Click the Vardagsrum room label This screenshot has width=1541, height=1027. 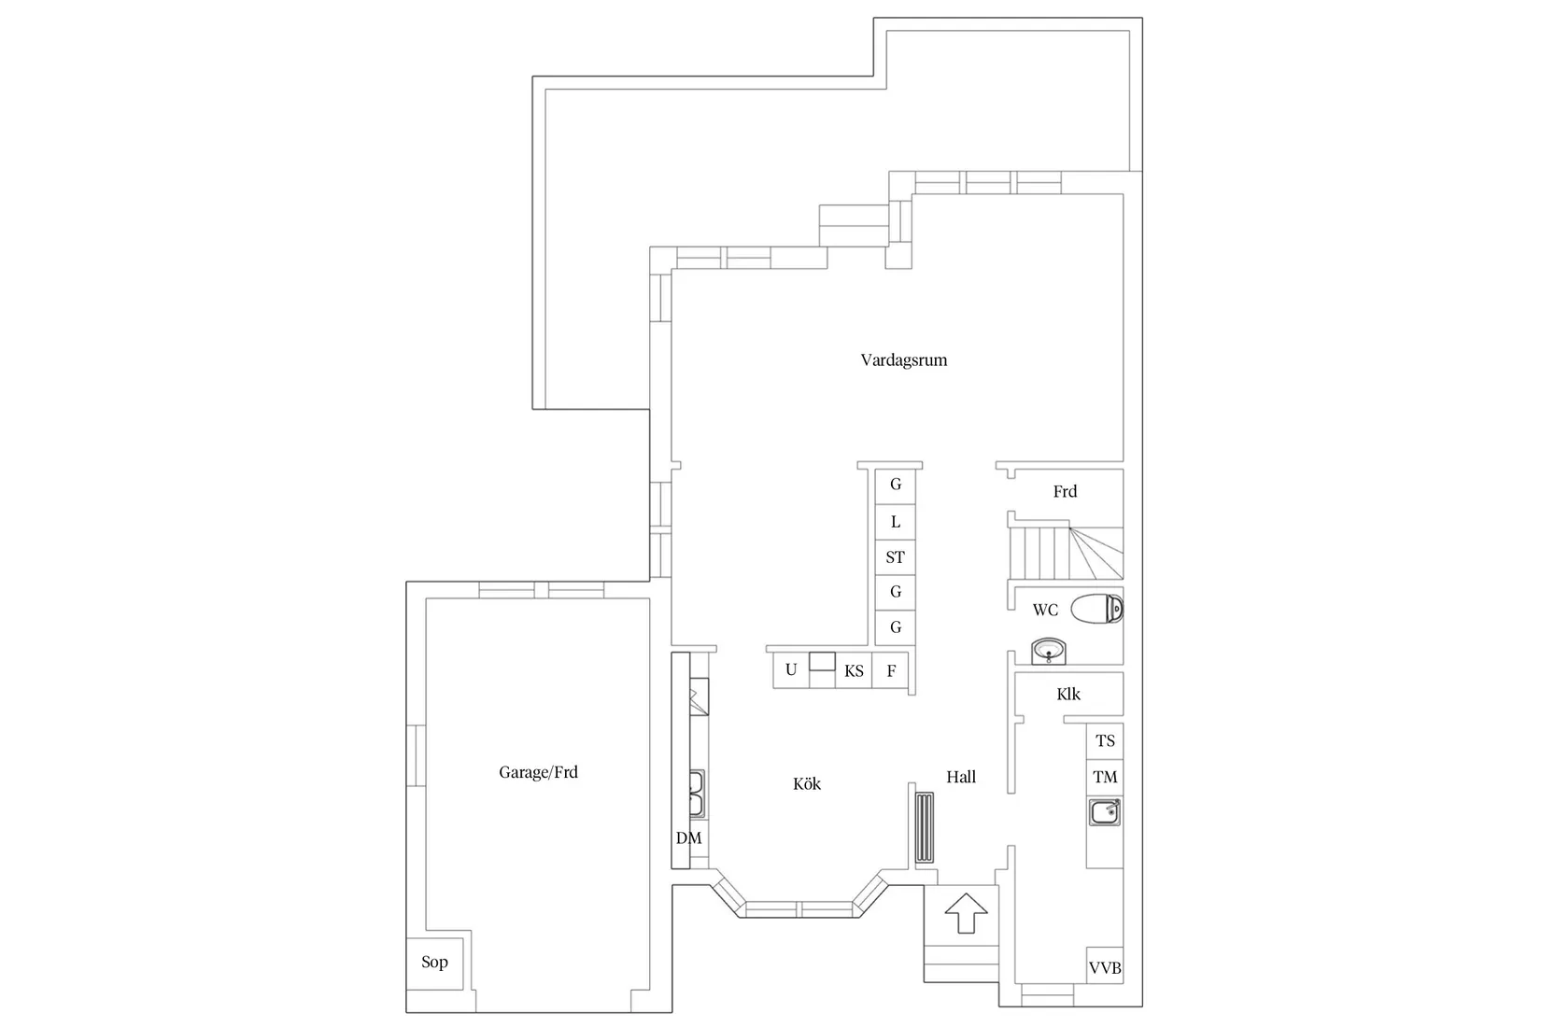click(x=903, y=360)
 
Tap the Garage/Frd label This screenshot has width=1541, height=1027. click(x=538, y=772)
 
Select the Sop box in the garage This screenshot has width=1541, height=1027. click(x=434, y=962)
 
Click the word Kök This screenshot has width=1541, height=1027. click(x=807, y=784)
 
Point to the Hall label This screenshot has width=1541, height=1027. click(x=961, y=777)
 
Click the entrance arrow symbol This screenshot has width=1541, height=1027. click(x=966, y=912)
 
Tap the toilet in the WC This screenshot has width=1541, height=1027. click(x=1096, y=610)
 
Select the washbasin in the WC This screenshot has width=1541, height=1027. click(x=1049, y=651)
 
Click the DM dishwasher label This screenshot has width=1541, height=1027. click(x=688, y=838)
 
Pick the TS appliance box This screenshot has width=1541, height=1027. click(x=1105, y=741)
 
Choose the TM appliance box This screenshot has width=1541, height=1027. click(x=1105, y=777)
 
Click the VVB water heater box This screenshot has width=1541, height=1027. click(x=1105, y=968)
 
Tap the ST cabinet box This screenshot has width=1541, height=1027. click(x=895, y=557)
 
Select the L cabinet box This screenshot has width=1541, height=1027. click(x=895, y=522)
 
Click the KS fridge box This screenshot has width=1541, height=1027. click(x=854, y=671)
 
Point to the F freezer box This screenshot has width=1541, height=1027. click(x=891, y=671)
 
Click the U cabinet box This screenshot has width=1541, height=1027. click(x=791, y=670)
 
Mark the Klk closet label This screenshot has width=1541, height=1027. click(x=1068, y=695)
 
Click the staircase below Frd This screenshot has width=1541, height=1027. click(x=1065, y=553)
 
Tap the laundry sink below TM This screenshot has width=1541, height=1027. click(x=1105, y=812)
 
